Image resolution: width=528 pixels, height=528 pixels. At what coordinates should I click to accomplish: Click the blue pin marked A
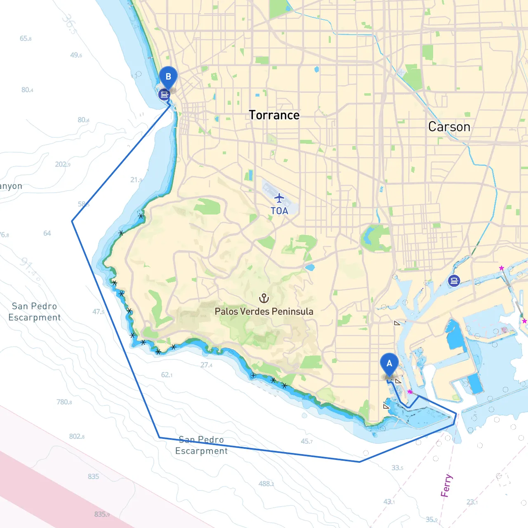(x=389, y=364)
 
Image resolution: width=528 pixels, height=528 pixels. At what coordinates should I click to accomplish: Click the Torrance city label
(x=274, y=115)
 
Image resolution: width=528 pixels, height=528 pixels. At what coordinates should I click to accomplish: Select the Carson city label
(x=449, y=127)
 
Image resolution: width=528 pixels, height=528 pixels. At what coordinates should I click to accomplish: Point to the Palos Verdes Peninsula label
(x=264, y=311)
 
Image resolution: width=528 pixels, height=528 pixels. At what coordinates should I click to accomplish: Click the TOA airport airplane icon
(x=279, y=198)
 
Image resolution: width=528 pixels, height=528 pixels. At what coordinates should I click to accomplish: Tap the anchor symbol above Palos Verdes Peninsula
(x=264, y=298)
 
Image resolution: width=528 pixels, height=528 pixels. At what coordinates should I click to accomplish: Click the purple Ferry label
(x=446, y=486)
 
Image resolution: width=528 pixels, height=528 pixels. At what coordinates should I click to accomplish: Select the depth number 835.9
(x=102, y=514)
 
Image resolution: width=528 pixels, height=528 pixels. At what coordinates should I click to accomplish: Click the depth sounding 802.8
(x=77, y=436)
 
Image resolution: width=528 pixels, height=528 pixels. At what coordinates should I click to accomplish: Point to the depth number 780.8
(x=64, y=402)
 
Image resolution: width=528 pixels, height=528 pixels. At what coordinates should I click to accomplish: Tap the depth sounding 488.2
(x=266, y=483)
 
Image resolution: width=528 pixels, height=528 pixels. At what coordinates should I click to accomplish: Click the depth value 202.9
(x=63, y=164)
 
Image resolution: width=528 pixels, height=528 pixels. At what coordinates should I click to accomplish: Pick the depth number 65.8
(x=26, y=38)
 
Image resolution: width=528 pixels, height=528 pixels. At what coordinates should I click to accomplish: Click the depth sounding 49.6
(x=76, y=55)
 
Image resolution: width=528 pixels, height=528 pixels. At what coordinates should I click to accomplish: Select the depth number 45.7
(x=306, y=441)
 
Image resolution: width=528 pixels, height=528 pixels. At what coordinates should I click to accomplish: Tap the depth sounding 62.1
(x=167, y=375)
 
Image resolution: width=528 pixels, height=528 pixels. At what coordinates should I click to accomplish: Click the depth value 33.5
(x=397, y=468)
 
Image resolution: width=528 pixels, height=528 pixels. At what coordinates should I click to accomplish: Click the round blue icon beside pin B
(x=164, y=95)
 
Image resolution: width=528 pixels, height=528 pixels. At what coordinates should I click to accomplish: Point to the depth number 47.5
(x=98, y=312)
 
